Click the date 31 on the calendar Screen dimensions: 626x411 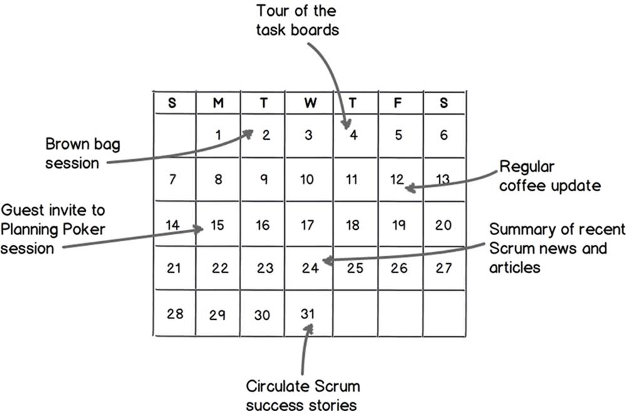pos(308,314)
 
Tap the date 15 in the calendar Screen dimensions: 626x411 pos(218,226)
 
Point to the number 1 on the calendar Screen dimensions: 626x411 pos(218,135)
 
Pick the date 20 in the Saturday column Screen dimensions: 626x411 pos(443,225)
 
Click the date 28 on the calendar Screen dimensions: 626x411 pos(175,314)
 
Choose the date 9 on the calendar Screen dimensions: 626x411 pos(264,179)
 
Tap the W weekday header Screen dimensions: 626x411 pos(310,103)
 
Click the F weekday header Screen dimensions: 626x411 pos(398,103)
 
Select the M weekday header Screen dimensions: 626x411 pos(218,103)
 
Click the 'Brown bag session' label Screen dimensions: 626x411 pos(83,153)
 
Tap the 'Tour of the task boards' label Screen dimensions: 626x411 pos(297,21)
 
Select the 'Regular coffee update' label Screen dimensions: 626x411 pos(550,176)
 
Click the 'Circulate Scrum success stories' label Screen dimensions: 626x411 pos(302,395)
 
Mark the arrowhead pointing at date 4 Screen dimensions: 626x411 pos(347,124)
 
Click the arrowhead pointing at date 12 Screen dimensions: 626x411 pos(410,188)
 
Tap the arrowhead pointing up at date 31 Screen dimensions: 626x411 pos(308,329)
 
